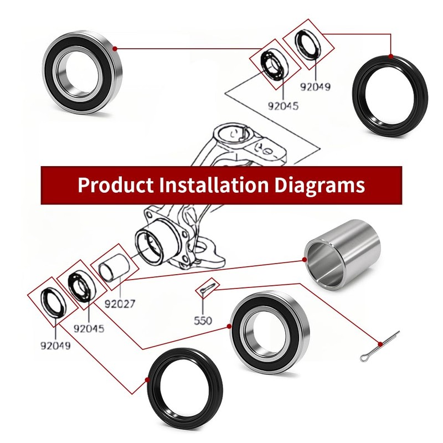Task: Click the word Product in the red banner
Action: tap(116, 185)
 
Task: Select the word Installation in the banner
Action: tap(214, 185)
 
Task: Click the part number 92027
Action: tap(120, 304)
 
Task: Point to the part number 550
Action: tap(203, 321)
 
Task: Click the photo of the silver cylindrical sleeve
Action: tap(342, 255)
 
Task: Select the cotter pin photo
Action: tap(380, 347)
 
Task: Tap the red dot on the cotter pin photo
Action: tap(380, 344)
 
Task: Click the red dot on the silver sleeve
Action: tap(305, 259)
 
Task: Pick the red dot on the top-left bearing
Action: tap(115, 49)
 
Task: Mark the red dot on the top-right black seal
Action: tap(390, 56)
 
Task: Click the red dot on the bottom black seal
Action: tap(147, 379)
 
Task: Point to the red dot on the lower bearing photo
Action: tap(229, 326)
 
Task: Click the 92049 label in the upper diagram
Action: tap(315, 87)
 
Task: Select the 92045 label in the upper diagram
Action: tap(283, 106)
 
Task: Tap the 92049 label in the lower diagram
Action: tap(55, 346)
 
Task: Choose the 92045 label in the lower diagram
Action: tap(89, 328)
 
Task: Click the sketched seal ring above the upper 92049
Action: tap(308, 45)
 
